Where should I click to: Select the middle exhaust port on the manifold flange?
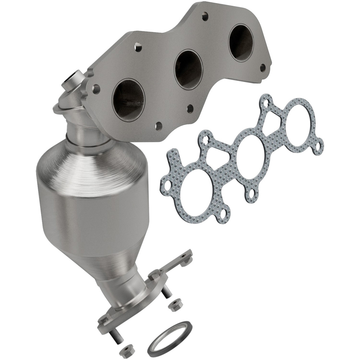pos(188,69)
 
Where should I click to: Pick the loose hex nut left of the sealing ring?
pos(125,351)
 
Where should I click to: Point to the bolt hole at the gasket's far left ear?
pos(167,184)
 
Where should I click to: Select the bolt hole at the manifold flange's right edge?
pos(262,67)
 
